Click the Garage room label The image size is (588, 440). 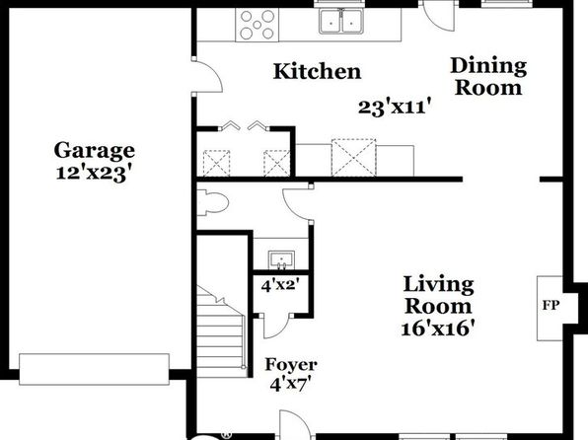click(x=94, y=151)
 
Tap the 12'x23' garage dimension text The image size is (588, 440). click(x=95, y=174)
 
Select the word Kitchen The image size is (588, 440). click(x=317, y=71)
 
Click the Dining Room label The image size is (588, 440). click(x=488, y=77)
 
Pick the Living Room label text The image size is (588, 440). click(x=438, y=295)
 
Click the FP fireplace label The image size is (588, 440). click(x=551, y=306)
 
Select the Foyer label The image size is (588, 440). click(x=291, y=364)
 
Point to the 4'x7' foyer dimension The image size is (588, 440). click(x=291, y=384)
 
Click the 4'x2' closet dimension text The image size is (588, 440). click(x=280, y=286)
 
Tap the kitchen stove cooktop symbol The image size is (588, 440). click(x=257, y=25)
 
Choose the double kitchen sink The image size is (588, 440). click(x=341, y=22)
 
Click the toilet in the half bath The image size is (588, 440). click(x=213, y=203)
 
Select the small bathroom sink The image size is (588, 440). click(x=281, y=260)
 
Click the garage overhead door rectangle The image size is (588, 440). click(x=94, y=369)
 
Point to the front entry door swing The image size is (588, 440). click(x=295, y=423)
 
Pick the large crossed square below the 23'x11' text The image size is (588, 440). click(x=353, y=157)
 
